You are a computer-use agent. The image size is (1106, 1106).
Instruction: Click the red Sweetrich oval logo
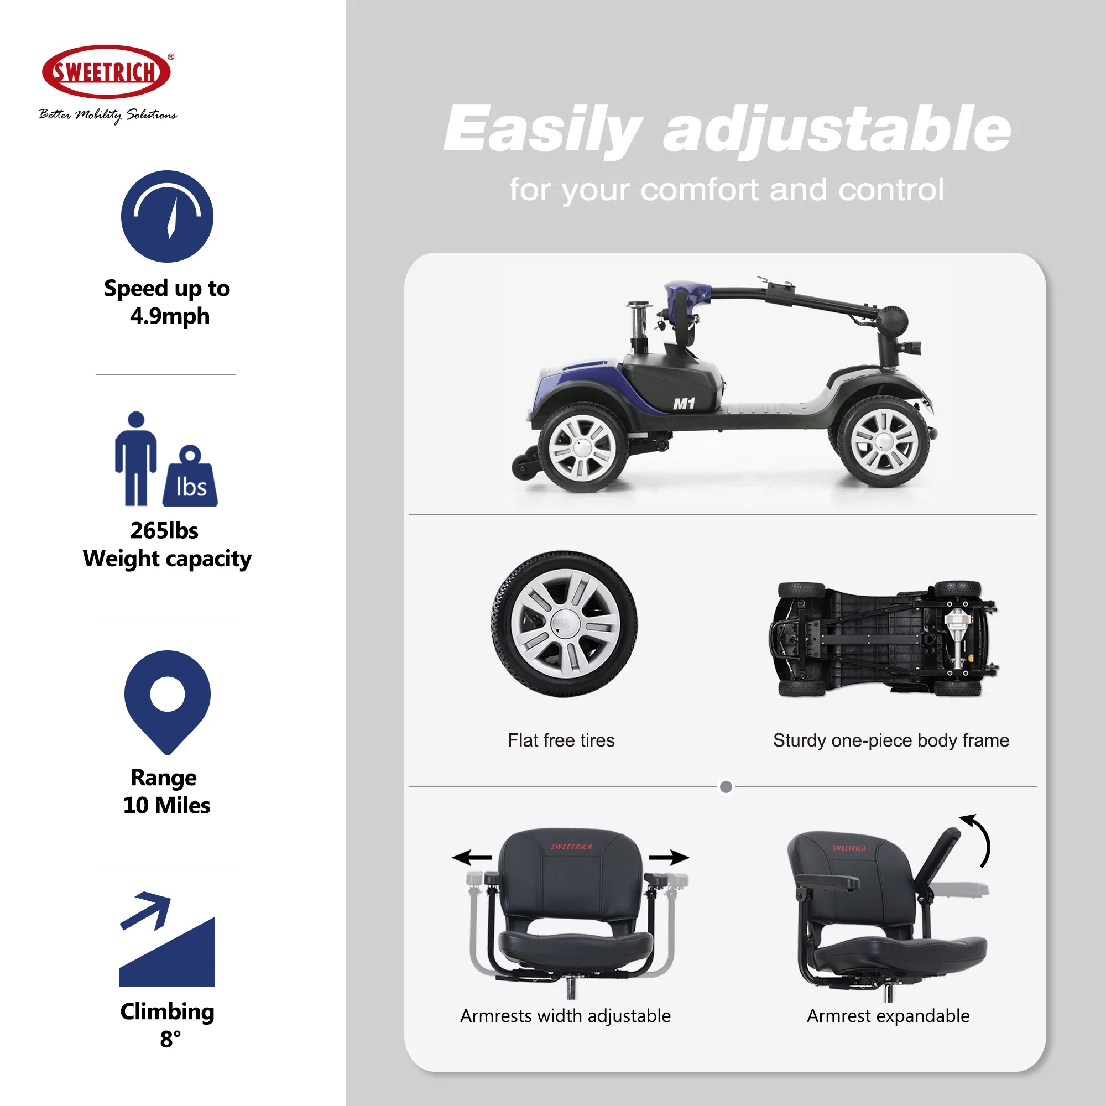click(x=107, y=72)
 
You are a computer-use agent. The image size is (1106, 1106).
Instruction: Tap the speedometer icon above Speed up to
click(x=167, y=216)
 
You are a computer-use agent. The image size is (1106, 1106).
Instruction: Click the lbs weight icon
click(x=190, y=476)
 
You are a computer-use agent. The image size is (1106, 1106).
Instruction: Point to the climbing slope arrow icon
click(x=167, y=939)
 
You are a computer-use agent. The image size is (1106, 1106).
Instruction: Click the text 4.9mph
click(x=169, y=316)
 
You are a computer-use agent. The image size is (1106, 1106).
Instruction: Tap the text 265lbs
click(x=164, y=531)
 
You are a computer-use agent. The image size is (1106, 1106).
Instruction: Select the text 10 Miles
click(x=166, y=806)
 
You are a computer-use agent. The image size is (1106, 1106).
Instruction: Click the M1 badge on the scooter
click(x=684, y=404)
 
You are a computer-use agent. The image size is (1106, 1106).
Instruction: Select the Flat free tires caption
click(x=561, y=740)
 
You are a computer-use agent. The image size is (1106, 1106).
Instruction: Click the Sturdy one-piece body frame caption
click(x=891, y=740)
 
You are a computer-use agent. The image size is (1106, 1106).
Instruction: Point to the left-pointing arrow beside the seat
click(x=472, y=858)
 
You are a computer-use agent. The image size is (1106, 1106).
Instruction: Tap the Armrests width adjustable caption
click(x=566, y=1016)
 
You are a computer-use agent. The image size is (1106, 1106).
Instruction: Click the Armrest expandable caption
click(x=888, y=1016)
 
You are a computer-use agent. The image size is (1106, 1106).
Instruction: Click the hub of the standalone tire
click(x=565, y=624)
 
